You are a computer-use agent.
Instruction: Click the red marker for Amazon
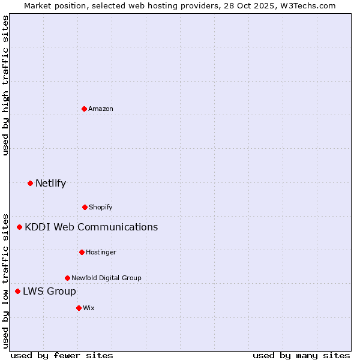point(84,109)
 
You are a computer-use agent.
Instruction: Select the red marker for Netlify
point(30,183)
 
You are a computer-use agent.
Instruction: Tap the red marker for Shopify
point(85,207)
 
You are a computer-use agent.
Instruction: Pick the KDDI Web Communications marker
point(19,227)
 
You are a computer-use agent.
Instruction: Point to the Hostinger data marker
point(82,252)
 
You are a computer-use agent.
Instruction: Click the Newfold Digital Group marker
point(67,278)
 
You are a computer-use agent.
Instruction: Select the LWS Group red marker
point(17,291)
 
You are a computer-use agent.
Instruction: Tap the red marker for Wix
point(79,308)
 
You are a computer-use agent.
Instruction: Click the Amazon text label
point(101,109)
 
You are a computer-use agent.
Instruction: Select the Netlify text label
point(50,183)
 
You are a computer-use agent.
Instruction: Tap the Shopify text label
point(101,207)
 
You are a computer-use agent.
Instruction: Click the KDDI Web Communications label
point(91,227)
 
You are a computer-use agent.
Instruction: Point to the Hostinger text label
point(101,252)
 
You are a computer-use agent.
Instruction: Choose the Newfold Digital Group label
point(106,278)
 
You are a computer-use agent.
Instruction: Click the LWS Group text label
point(49,291)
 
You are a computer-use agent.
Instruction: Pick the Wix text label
point(89,308)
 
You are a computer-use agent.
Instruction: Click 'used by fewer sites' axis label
point(62,355)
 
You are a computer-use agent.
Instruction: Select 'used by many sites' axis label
point(301,355)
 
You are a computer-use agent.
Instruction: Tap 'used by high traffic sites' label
point(5,85)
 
